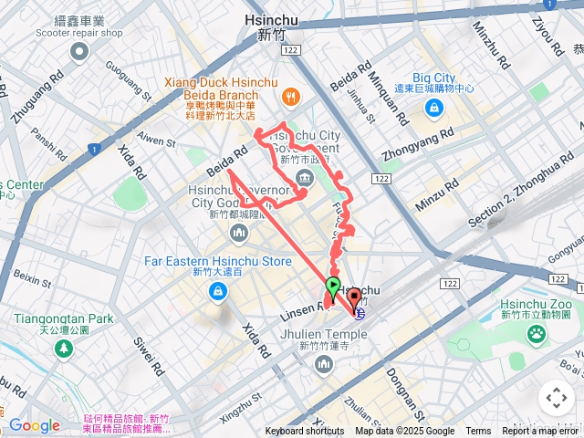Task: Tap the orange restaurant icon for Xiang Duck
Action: click(290, 95)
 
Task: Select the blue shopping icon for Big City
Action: click(434, 109)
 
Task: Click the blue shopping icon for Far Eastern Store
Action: click(218, 292)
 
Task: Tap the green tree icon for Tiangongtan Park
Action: click(64, 349)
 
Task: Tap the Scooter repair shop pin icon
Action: click(79, 52)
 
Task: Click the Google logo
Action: click(34, 425)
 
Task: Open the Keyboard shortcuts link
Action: click(305, 432)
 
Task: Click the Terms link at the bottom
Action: click(478, 432)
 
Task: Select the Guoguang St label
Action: click(133, 79)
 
